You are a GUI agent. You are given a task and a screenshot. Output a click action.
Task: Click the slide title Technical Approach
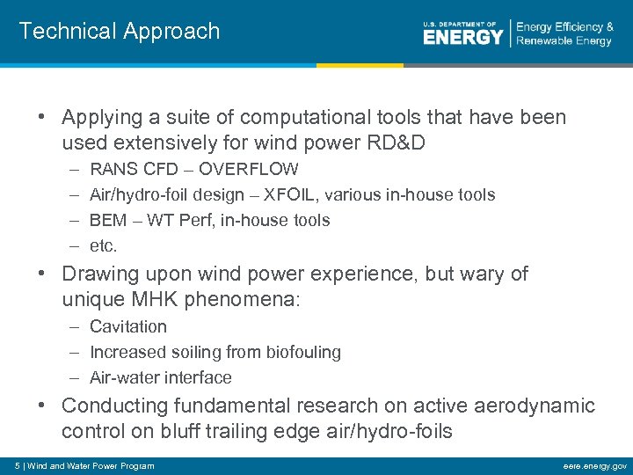pyautogui.click(x=119, y=32)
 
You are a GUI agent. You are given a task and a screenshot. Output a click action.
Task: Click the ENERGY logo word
pyautogui.click(x=462, y=36)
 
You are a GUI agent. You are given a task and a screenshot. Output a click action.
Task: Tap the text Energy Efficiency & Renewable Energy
pyautogui.click(x=564, y=34)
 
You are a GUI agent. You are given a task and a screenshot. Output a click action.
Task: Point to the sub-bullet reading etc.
pyautogui.click(x=103, y=245)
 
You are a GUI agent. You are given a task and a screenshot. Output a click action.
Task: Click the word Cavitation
pyautogui.click(x=128, y=326)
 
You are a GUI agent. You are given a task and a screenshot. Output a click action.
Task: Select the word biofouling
pyautogui.click(x=299, y=352)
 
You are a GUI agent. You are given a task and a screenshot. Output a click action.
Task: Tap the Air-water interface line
pyautogui.click(x=161, y=377)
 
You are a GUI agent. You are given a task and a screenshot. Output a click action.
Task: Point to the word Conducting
pyautogui.click(x=114, y=406)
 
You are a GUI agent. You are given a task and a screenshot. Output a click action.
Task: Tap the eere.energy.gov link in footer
pyautogui.click(x=594, y=465)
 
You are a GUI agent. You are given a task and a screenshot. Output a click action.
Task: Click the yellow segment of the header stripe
pyautogui.click(x=360, y=65)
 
